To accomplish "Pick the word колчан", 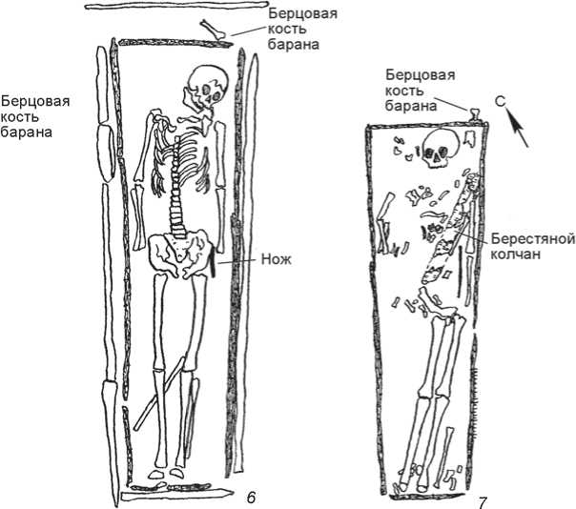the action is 520,254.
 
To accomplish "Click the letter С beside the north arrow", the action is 500,99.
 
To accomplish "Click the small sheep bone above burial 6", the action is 214,31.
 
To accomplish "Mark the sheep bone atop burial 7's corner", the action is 474,116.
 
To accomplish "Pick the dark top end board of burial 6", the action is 159,45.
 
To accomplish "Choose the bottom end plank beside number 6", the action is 177,494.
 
